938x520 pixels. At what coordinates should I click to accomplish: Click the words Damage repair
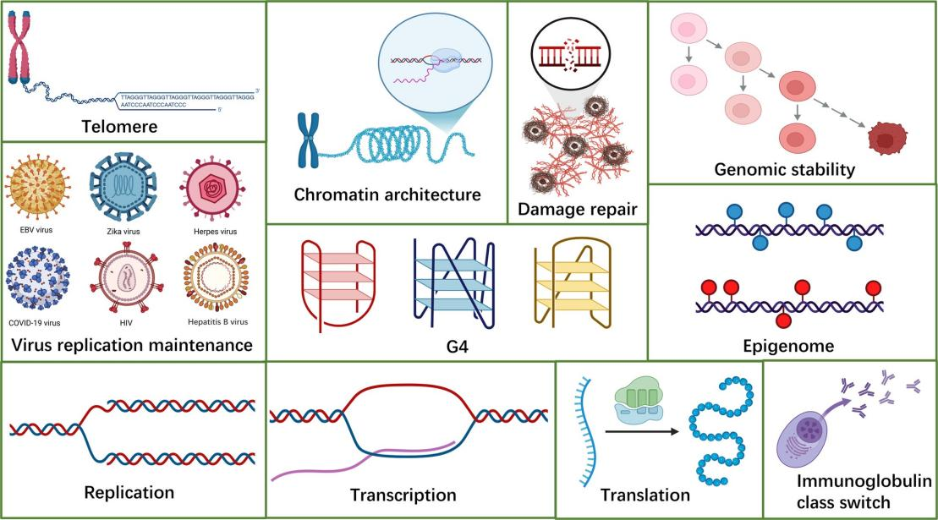point(577,208)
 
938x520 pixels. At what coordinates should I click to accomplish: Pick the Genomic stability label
point(796,170)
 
